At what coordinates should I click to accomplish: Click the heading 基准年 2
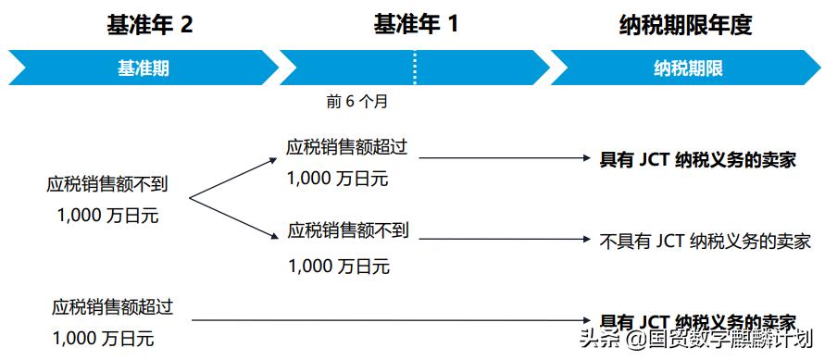(149, 25)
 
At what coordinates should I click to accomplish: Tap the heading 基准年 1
(416, 25)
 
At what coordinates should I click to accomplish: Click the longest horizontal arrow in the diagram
(389, 320)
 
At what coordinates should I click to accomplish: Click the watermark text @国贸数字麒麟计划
(719, 340)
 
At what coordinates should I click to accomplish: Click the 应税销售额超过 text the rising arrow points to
(347, 147)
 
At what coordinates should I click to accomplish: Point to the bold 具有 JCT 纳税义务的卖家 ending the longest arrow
(698, 321)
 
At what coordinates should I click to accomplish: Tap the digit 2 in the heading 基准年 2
(186, 25)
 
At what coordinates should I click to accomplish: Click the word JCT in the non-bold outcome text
(670, 241)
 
